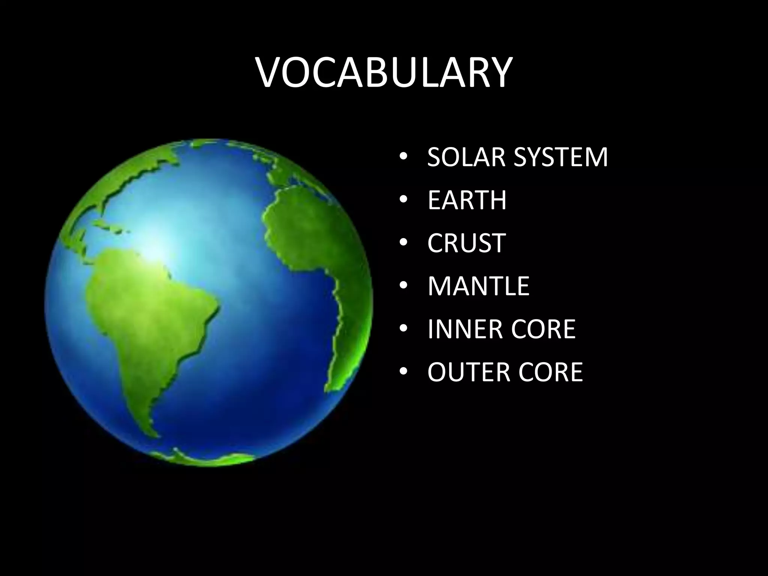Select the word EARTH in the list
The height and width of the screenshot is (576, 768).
point(467,200)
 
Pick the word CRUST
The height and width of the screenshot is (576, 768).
point(466,243)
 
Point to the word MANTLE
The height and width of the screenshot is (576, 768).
point(478,286)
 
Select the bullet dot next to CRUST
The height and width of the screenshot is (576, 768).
point(403,243)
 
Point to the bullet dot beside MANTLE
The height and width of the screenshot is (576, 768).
point(403,286)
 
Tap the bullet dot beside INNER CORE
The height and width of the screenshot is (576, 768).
point(403,328)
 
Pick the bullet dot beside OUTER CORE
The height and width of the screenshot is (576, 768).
point(403,372)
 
